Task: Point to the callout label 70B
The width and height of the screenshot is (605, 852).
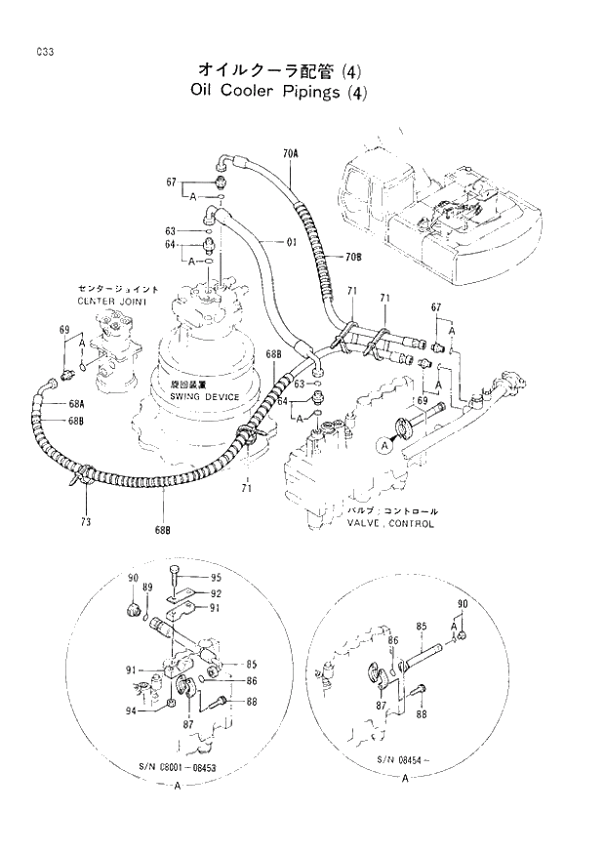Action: [352, 257]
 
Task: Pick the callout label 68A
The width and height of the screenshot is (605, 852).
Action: [76, 404]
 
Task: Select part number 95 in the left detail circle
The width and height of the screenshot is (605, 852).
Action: [217, 577]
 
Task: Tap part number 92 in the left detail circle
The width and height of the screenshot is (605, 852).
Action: [217, 592]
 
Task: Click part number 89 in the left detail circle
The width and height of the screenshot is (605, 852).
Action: [148, 588]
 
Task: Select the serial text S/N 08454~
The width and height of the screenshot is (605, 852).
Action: [407, 758]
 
